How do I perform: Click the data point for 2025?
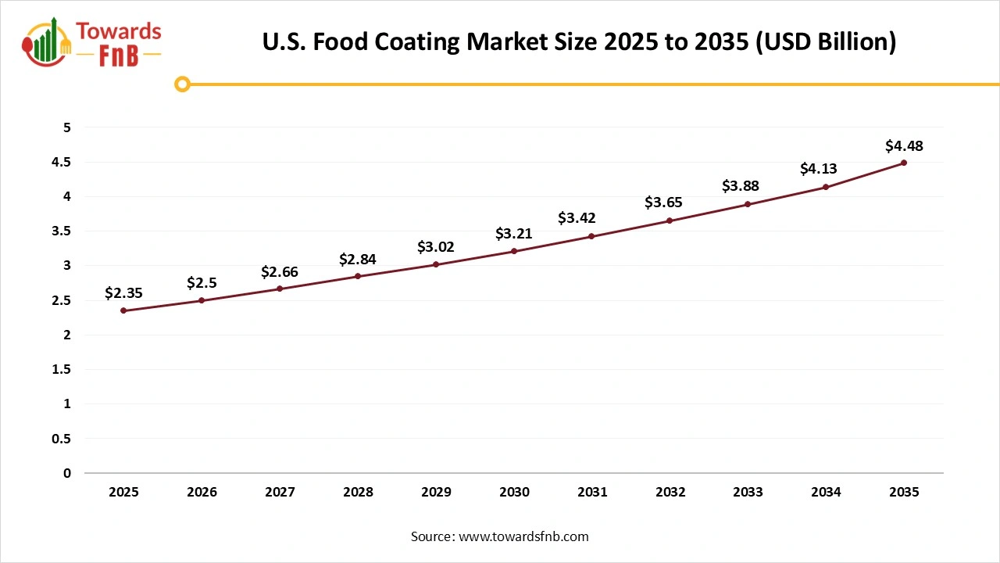pos(123,310)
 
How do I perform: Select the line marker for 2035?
pos(904,163)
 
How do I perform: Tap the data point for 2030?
pos(514,251)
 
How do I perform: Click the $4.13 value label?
pos(818,168)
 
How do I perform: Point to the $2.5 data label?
pos(202,283)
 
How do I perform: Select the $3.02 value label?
pos(436,247)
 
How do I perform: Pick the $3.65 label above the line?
pos(663,202)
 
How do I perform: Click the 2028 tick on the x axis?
pos(358,492)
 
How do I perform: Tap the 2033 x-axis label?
pos(748,492)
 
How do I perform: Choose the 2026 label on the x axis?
pos(202,492)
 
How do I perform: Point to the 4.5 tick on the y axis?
pos(62,162)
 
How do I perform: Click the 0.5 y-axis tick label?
pos(62,439)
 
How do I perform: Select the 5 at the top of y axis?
pos(67,127)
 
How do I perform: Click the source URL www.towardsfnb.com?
pos(523,536)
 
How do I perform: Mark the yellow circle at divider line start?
pos(182,84)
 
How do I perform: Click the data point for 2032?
pos(670,221)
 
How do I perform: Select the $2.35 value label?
pos(123,293)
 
